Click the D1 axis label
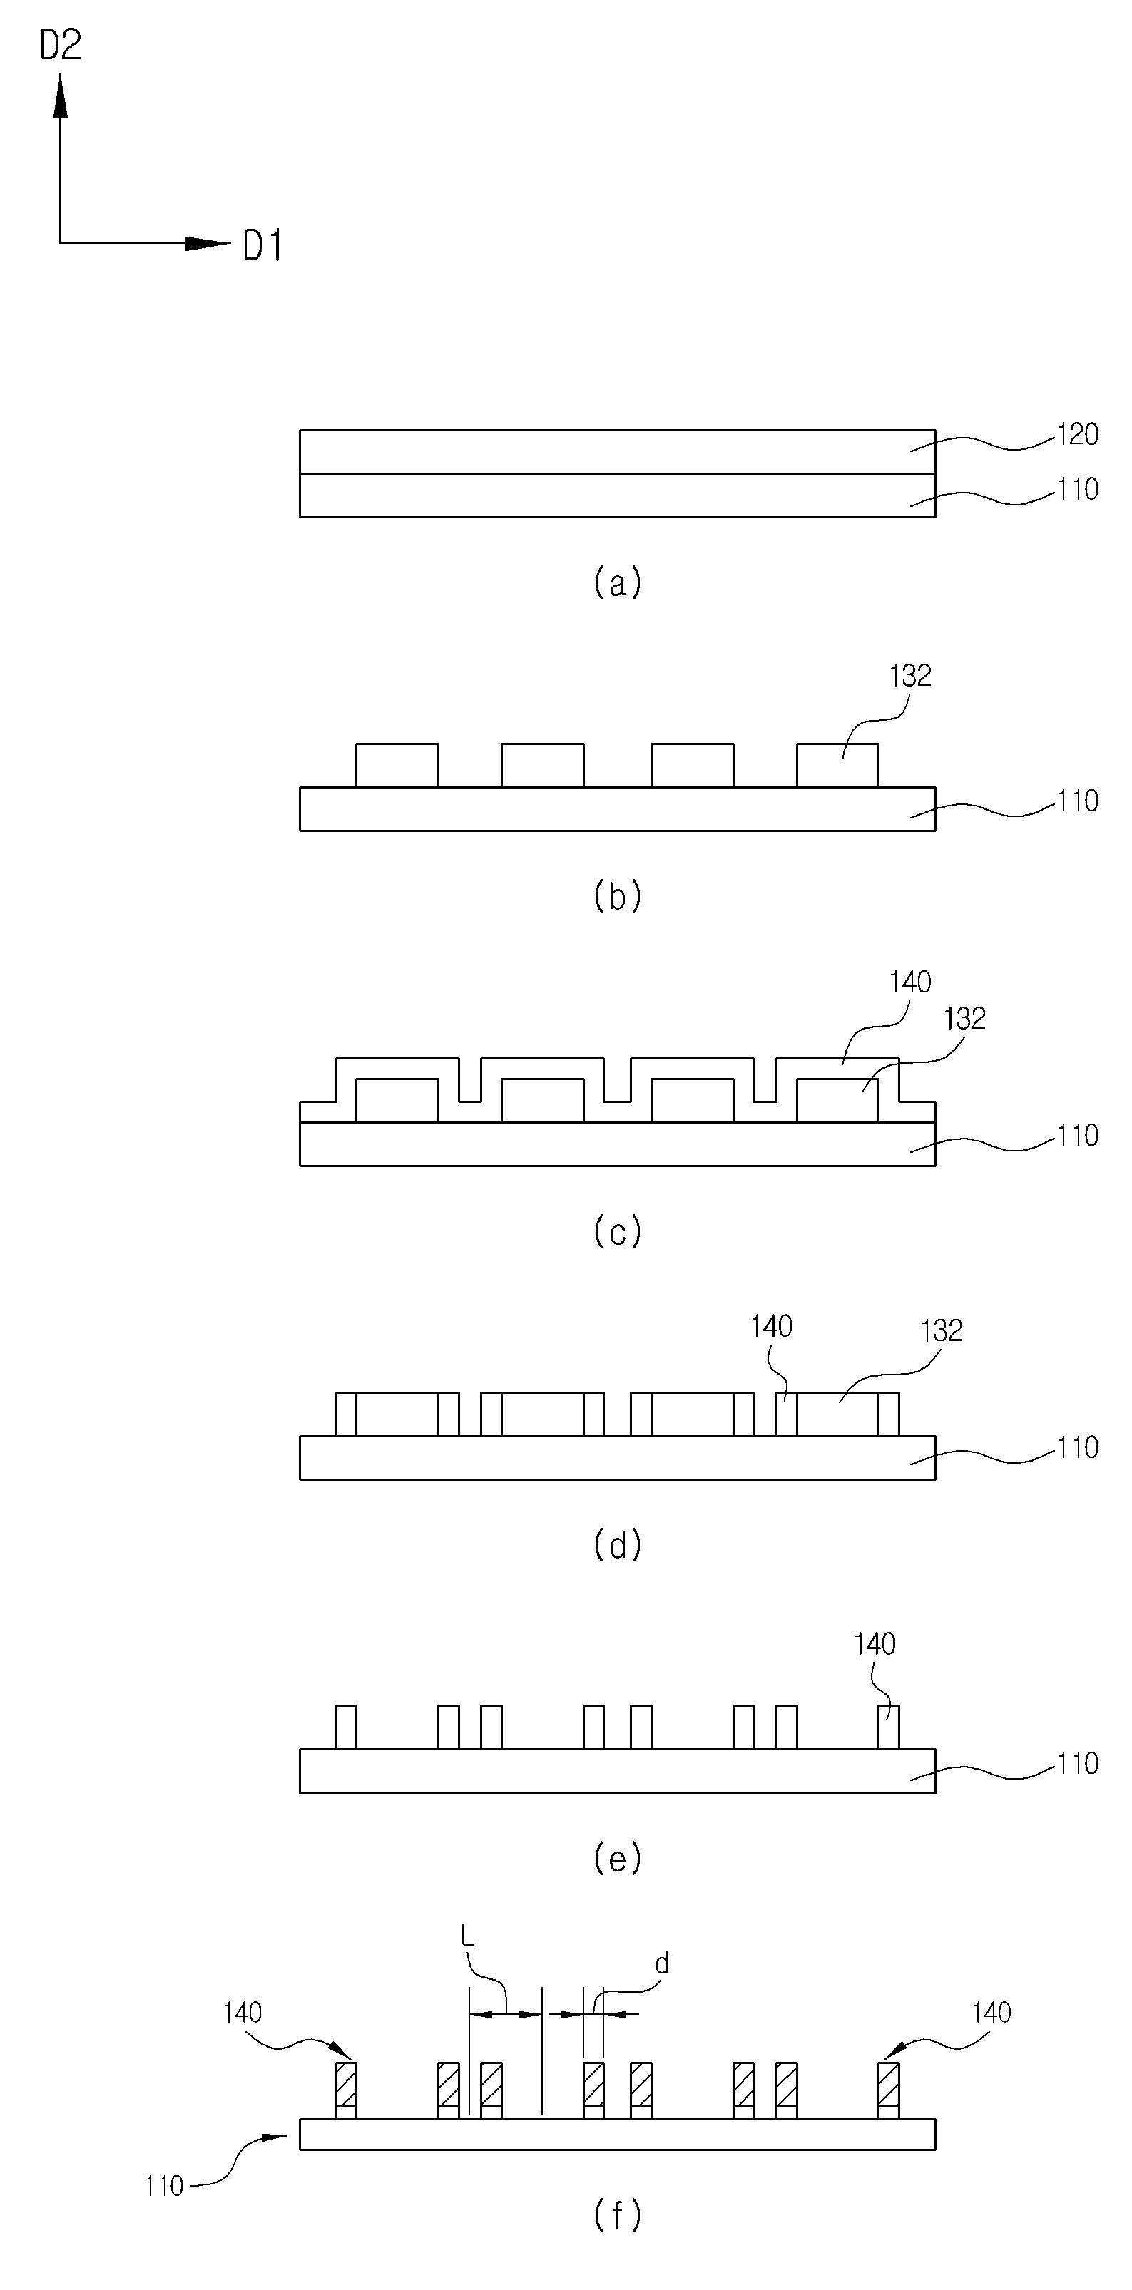pyautogui.click(x=263, y=245)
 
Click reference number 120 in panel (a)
pyautogui.click(x=1078, y=435)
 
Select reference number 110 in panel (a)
pyautogui.click(x=1078, y=489)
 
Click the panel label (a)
pyautogui.click(x=617, y=582)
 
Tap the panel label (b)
pyautogui.click(x=617, y=896)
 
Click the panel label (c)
pyautogui.click(x=617, y=1231)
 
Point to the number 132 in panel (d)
pyautogui.click(x=942, y=1331)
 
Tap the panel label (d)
pyautogui.click(x=617, y=1546)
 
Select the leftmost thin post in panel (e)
pyautogui.click(x=346, y=1727)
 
